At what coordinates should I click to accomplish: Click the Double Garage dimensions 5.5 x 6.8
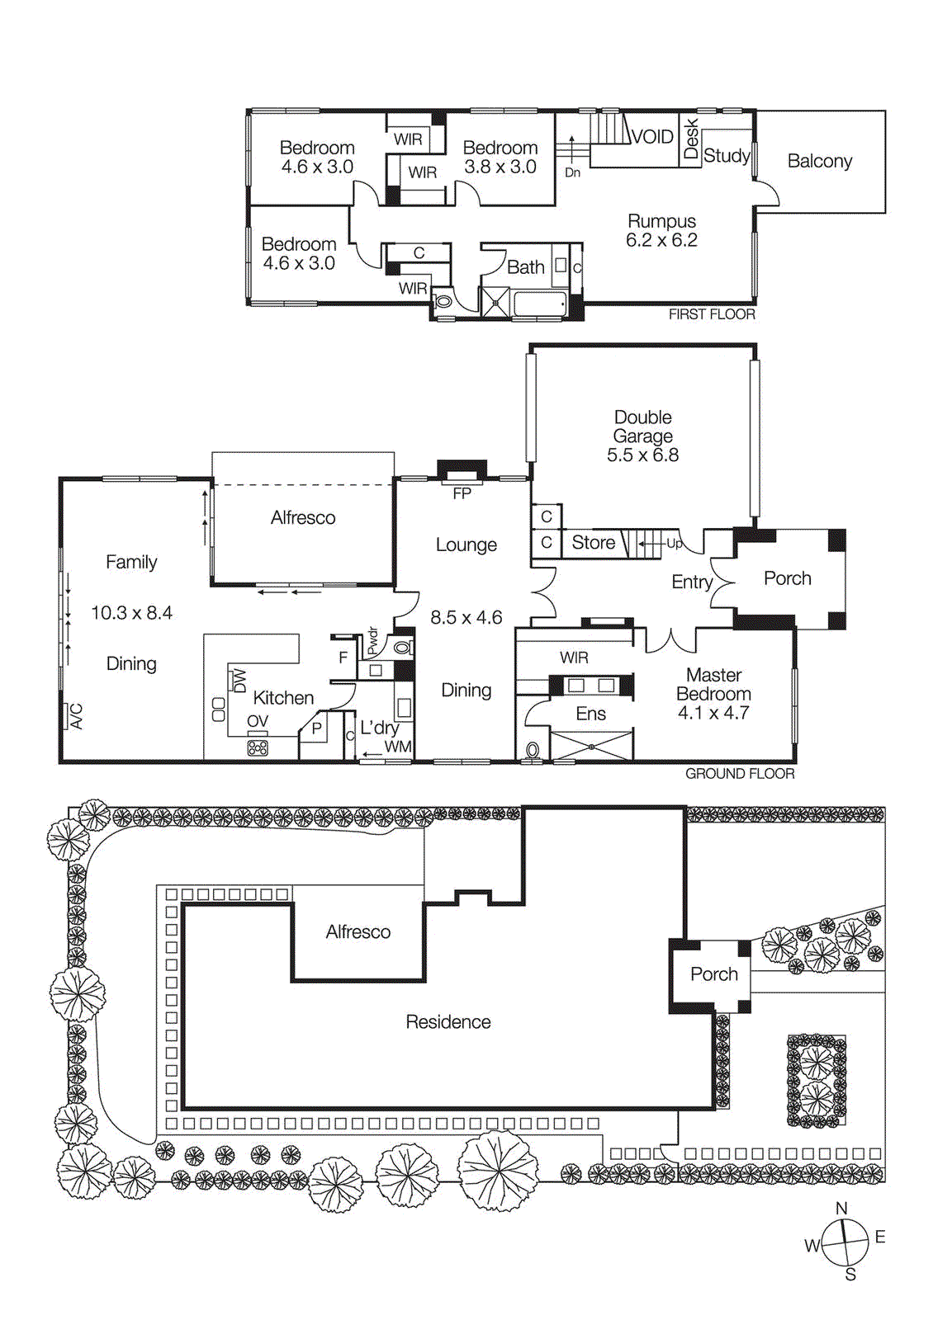(x=642, y=455)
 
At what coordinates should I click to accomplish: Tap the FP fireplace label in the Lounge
(x=462, y=493)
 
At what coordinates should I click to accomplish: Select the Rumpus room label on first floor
(x=661, y=221)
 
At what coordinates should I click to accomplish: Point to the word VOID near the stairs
(x=652, y=137)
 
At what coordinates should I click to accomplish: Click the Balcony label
(x=819, y=161)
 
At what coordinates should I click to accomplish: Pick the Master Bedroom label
(x=713, y=685)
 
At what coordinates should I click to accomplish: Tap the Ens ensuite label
(x=590, y=714)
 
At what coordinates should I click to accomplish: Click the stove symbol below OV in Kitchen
(x=258, y=747)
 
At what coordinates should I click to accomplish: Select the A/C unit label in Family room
(x=76, y=715)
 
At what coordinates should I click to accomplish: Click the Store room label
(x=593, y=543)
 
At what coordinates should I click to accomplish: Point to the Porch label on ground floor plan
(x=787, y=578)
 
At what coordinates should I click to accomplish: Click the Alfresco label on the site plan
(x=358, y=932)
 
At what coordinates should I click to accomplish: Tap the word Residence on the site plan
(x=448, y=1022)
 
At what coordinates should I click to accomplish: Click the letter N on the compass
(x=841, y=1208)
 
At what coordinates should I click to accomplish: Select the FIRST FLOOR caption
(x=711, y=314)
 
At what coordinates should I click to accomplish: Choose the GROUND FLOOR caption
(x=739, y=774)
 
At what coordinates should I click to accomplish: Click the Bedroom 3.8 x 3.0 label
(x=500, y=157)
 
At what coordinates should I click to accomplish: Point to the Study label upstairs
(x=727, y=155)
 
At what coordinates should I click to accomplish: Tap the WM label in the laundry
(x=398, y=747)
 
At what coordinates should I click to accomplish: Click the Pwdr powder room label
(x=372, y=641)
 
